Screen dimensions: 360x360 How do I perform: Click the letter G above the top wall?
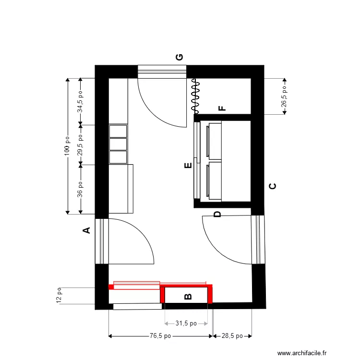pyautogui.click(x=180, y=57)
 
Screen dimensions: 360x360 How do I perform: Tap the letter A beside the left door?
pyautogui.click(x=86, y=230)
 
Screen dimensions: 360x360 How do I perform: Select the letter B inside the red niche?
pyautogui.click(x=188, y=297)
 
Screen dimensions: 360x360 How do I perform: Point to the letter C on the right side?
pyautogui.click(x=273, y=186)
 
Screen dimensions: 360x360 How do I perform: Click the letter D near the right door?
pyautogui.click(x=217, y=214)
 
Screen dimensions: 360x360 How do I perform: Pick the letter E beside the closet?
pyautogui.click(x=188, y=165)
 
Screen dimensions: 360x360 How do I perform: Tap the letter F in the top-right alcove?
pyautogui.click(x=222, y=108)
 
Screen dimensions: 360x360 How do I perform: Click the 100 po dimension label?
pyautogui.click(x=67, y=146)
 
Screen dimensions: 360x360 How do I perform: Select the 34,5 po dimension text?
pyautogui.click(x=80, y=102)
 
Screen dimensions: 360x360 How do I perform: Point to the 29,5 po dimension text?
pyautogui.click(x=80, y=145)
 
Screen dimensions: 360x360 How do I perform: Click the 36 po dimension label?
pyautogui.click(x=80, y=190)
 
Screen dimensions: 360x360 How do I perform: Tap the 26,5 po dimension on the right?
pyautogui.click(x=284, y=96)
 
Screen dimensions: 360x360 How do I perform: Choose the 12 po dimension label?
pyautogui.click(x=59, y=295)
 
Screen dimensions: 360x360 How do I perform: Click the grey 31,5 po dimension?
pyautogui.click(x=186, y=323)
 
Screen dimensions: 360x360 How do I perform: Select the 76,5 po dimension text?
pyautogui.click(x=160, y=336)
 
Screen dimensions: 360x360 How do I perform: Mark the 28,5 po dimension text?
pyautogui.click(x=232, y=336)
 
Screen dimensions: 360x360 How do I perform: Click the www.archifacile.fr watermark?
pyautogui.click(x=302, y=353)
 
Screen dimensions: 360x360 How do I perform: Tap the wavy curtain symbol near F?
pyautogui.click(x=196, y=96)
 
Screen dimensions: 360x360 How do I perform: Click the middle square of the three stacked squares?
pyautogui.click(x=118, y=144)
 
